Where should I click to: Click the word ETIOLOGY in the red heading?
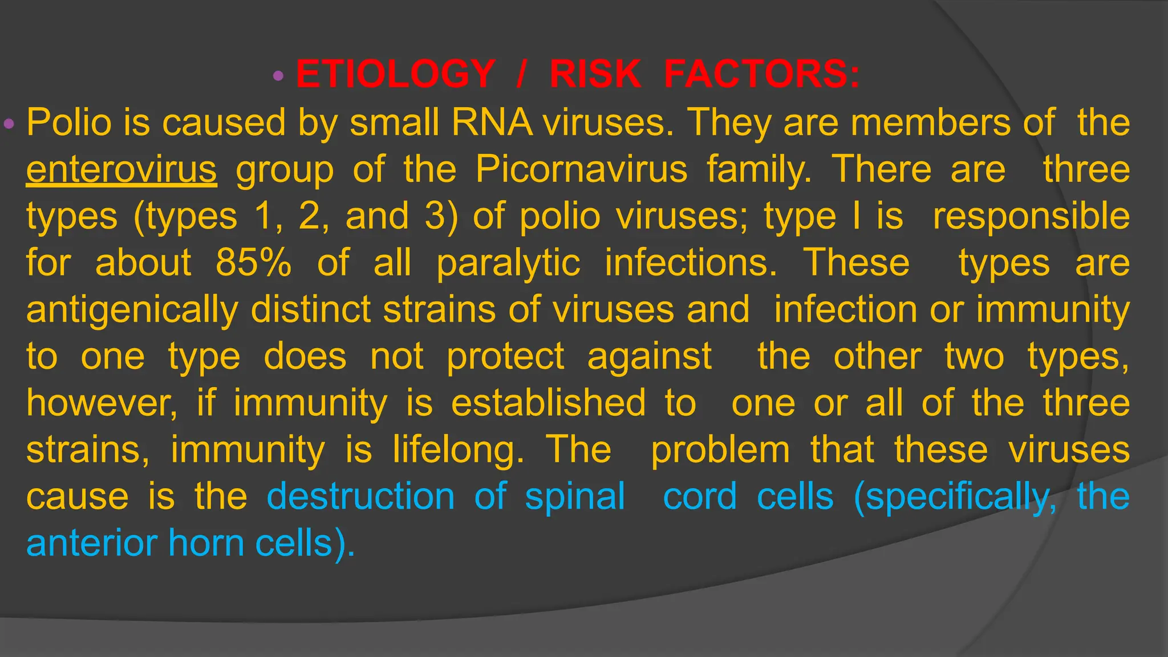tap(395, 74)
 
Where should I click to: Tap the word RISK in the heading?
tap(595, 74)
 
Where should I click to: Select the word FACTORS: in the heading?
tap(761, 74)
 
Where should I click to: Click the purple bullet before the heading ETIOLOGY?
tap(278, 75)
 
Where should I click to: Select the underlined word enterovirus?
tap(121, 169)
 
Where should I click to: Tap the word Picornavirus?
tap(581, 169)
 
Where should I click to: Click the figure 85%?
tap(253, 263)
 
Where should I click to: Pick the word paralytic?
tap(508, 263)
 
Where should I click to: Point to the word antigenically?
tap(132, 310)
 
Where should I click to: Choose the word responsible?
tap(1031, 217)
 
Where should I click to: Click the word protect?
tap(505, 356)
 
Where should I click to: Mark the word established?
tap(548, 403)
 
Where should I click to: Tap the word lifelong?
tap(458, 449)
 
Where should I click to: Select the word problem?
tap(720, 449)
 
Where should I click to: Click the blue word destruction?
tap(360, 496)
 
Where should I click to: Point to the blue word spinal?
tap(575, 496)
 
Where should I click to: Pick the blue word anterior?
tap(92, 543)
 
